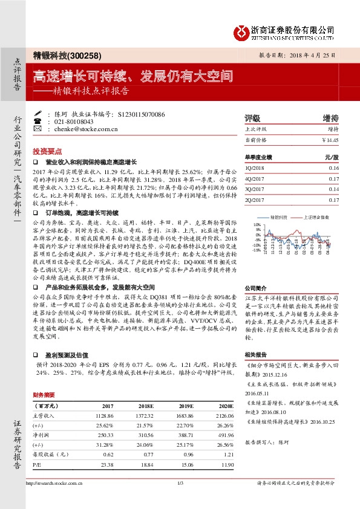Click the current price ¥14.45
tap(330, 140)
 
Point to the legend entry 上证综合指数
tap(315, 216)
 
